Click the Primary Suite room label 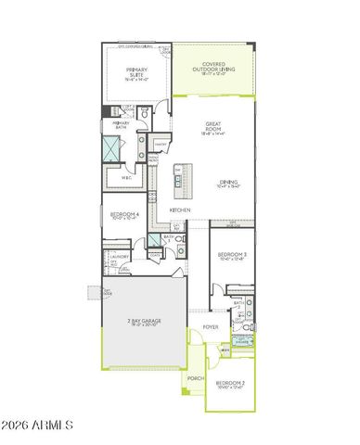[135, 77]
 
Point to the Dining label [228, 184]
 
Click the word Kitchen [179, 210]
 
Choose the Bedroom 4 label [124, 216]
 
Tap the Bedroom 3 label [231, 256]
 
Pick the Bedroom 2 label [229, 385]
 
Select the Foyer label [212, 327]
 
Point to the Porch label [195, 379]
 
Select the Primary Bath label [122, 123]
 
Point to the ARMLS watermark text [37, 426]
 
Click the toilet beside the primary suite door [147, 112]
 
